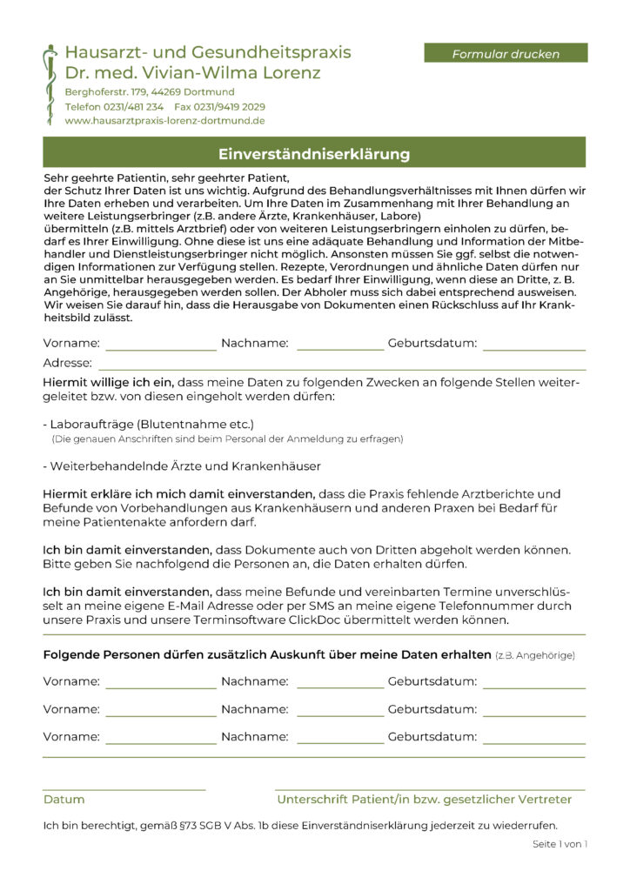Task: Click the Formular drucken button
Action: coord(506,54)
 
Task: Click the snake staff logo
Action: coord(51,84)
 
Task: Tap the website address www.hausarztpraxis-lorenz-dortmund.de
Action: coord(164,121)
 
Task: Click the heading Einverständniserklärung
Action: coord(314,155)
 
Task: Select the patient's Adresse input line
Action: coord(341,364)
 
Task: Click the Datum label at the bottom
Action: coord(64,799)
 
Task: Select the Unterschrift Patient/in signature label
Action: coord(424,799)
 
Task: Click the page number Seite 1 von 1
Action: coord(560,844)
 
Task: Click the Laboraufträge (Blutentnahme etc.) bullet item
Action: coord(148,425)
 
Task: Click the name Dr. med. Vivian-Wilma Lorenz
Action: coord(192,72)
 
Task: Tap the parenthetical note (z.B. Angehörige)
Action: coord(534,654)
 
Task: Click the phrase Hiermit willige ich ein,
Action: coord(109,382)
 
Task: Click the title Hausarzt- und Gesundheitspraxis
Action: coord(208,51)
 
